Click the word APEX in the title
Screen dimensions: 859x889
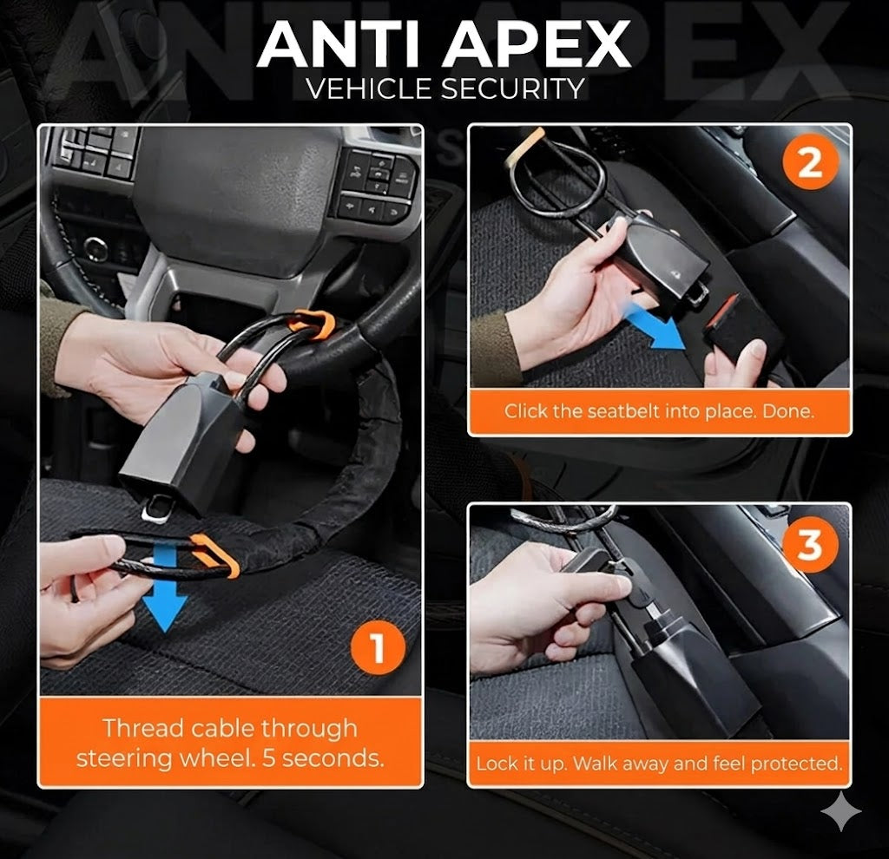click(x=537, y=44)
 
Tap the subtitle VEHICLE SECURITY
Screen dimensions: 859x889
click(x=444, y=89)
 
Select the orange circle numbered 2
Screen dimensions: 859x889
click(x=809, y=163)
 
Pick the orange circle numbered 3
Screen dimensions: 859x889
click(x=809, y=545)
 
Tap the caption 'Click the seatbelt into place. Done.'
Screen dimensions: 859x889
click(x=659, y=411)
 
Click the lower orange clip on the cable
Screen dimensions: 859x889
click(x=218, y=555)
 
